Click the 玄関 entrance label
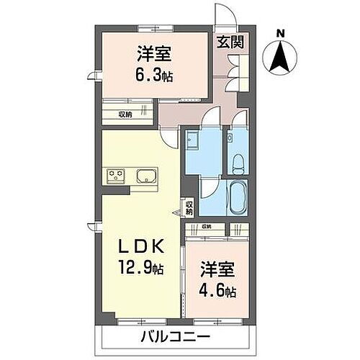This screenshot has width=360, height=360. click(x=230, y=42)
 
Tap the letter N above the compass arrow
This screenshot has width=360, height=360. click(x=282, y=32)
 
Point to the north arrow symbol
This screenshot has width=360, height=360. click(x=281, y=56)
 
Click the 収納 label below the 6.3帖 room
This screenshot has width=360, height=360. click(x=126, y=114)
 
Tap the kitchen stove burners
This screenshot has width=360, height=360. click(x=116, y=175)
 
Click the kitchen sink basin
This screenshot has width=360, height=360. click(x=146, y=176)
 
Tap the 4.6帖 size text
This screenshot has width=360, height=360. click(x=217, y=293)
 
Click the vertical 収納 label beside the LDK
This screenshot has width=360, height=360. click(x=189, y=208)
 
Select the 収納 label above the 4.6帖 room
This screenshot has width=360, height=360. click(x=207, y=228)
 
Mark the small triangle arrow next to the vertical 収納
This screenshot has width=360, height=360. click(x=179, y=212)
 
